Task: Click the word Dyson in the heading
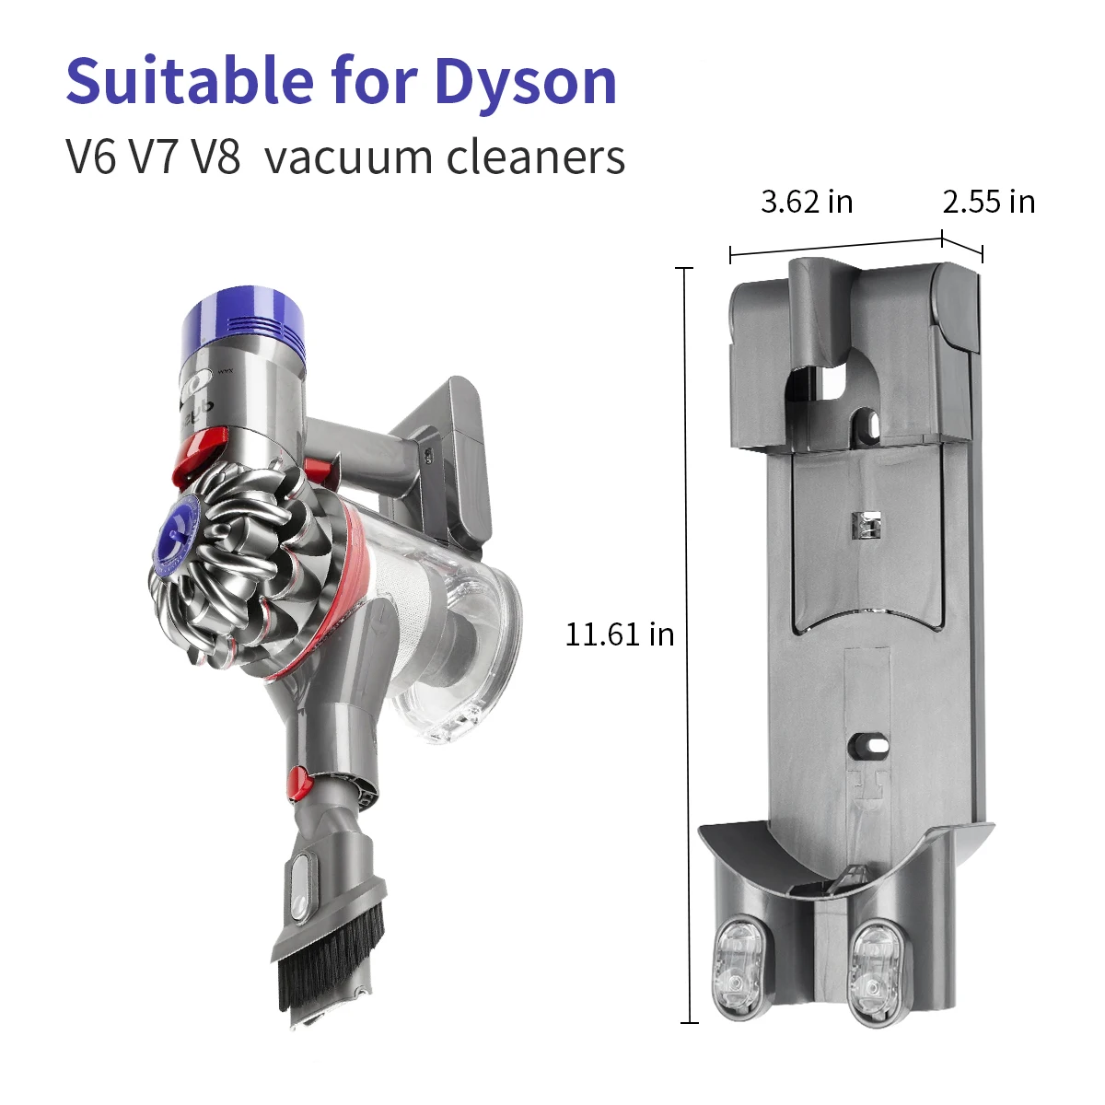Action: (525, 83)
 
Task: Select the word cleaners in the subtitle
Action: (536, 157)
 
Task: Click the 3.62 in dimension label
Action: (807, 202)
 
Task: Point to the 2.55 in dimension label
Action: (988, 202)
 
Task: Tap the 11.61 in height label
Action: (619, 634)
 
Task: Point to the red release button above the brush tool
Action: (297, 782)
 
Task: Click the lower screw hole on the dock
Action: (870, 741)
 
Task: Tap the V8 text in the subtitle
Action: (216, 157)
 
